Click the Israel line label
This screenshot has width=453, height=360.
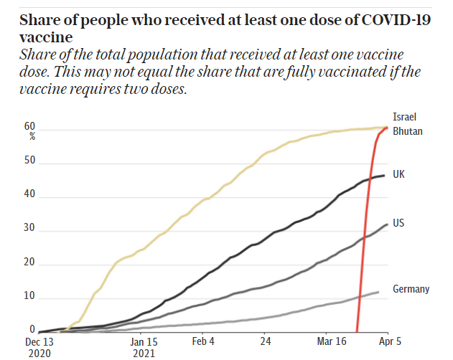405,117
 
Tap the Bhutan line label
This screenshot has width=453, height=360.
408,131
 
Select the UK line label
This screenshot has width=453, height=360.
399,174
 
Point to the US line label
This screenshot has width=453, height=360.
399,223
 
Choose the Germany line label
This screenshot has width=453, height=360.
411,289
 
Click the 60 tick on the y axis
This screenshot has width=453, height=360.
30,126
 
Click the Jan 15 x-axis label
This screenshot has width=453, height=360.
144,342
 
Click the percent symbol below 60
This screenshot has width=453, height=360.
32,136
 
